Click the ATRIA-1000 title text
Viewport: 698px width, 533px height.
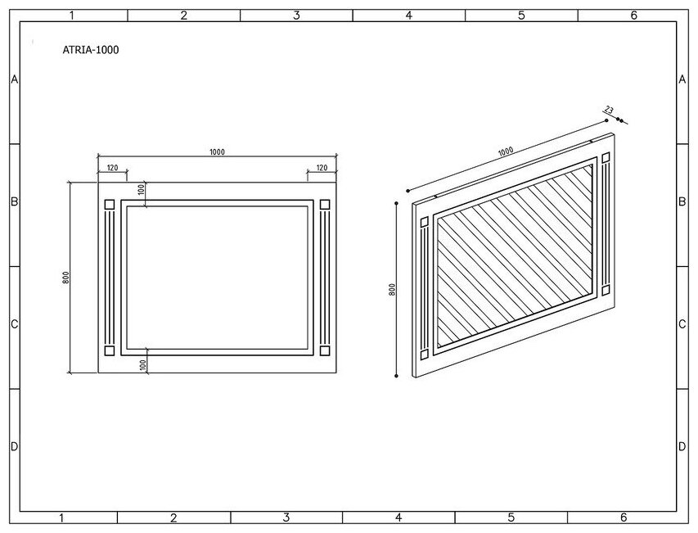91,49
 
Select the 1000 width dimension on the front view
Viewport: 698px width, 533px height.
217,151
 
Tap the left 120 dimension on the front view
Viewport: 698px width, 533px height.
112,168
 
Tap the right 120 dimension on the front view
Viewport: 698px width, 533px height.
322,168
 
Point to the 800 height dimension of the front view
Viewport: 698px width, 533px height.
65,278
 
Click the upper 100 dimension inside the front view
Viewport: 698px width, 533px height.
142,189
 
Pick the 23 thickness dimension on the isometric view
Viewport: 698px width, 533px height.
609,110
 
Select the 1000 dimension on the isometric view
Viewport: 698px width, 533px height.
505,151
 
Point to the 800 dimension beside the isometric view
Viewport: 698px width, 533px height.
393,290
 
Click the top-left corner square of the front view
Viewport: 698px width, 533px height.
109,204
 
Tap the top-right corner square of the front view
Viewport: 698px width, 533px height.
324,204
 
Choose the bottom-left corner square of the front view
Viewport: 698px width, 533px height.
109,350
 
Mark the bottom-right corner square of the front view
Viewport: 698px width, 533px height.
324,350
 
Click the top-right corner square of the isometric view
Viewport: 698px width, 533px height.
606,157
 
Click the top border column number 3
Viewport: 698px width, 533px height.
296,15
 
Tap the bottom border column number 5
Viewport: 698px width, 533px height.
511,517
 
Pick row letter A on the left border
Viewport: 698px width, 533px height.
14,79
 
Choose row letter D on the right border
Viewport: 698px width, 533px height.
682,446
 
